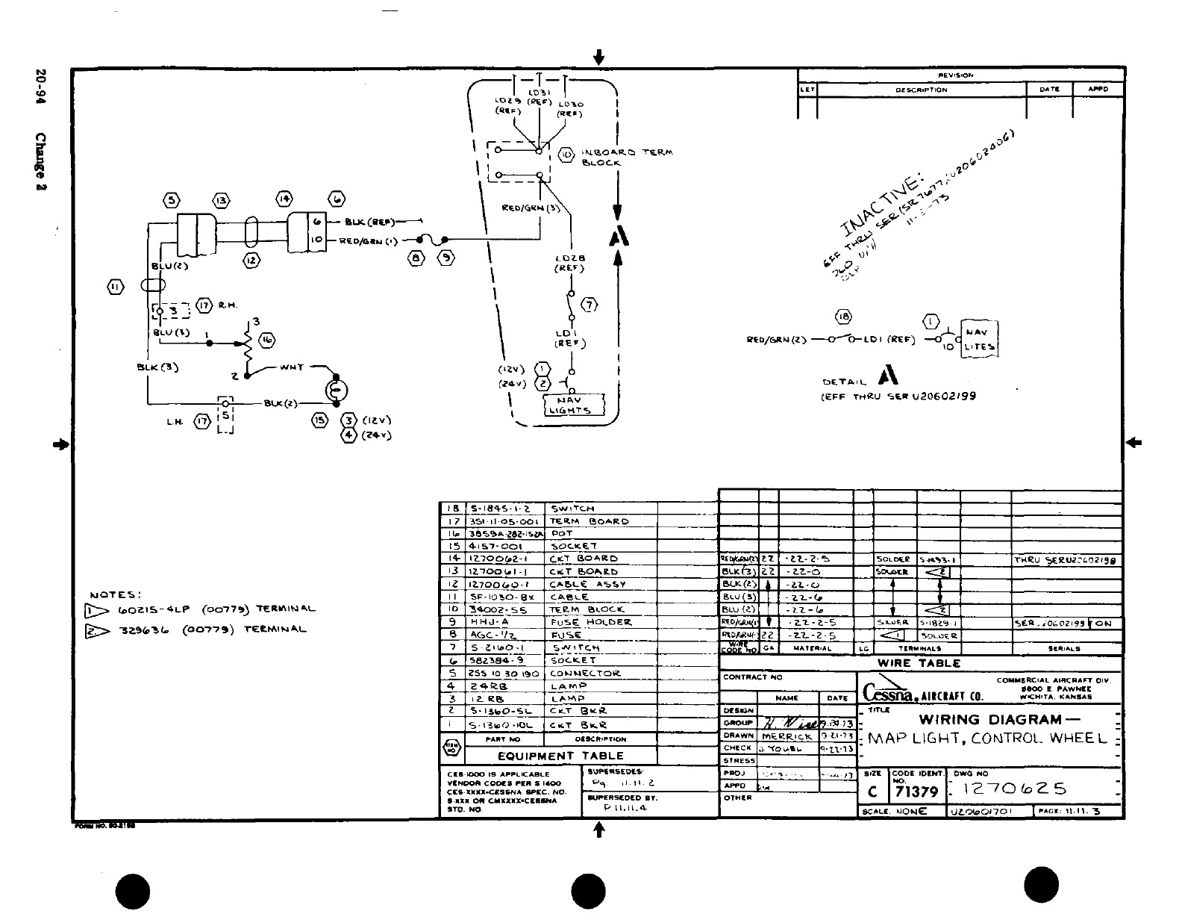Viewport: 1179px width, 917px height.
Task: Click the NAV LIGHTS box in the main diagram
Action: [571, 405]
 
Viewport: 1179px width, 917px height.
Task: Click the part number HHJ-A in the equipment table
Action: [490, 622]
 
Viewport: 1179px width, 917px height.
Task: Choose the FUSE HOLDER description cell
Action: [590, 622]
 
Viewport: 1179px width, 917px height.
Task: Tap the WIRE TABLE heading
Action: [919, 663]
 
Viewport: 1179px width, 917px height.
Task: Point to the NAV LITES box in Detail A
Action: [979, 340]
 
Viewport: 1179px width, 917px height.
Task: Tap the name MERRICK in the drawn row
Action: [788, 736]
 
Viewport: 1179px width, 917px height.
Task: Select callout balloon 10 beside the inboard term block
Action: [566, 155]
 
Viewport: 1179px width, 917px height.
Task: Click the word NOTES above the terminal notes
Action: [115, 595]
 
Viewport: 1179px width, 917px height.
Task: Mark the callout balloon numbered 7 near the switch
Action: [590, 305]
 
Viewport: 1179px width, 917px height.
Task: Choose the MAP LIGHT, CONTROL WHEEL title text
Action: [986, 739]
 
